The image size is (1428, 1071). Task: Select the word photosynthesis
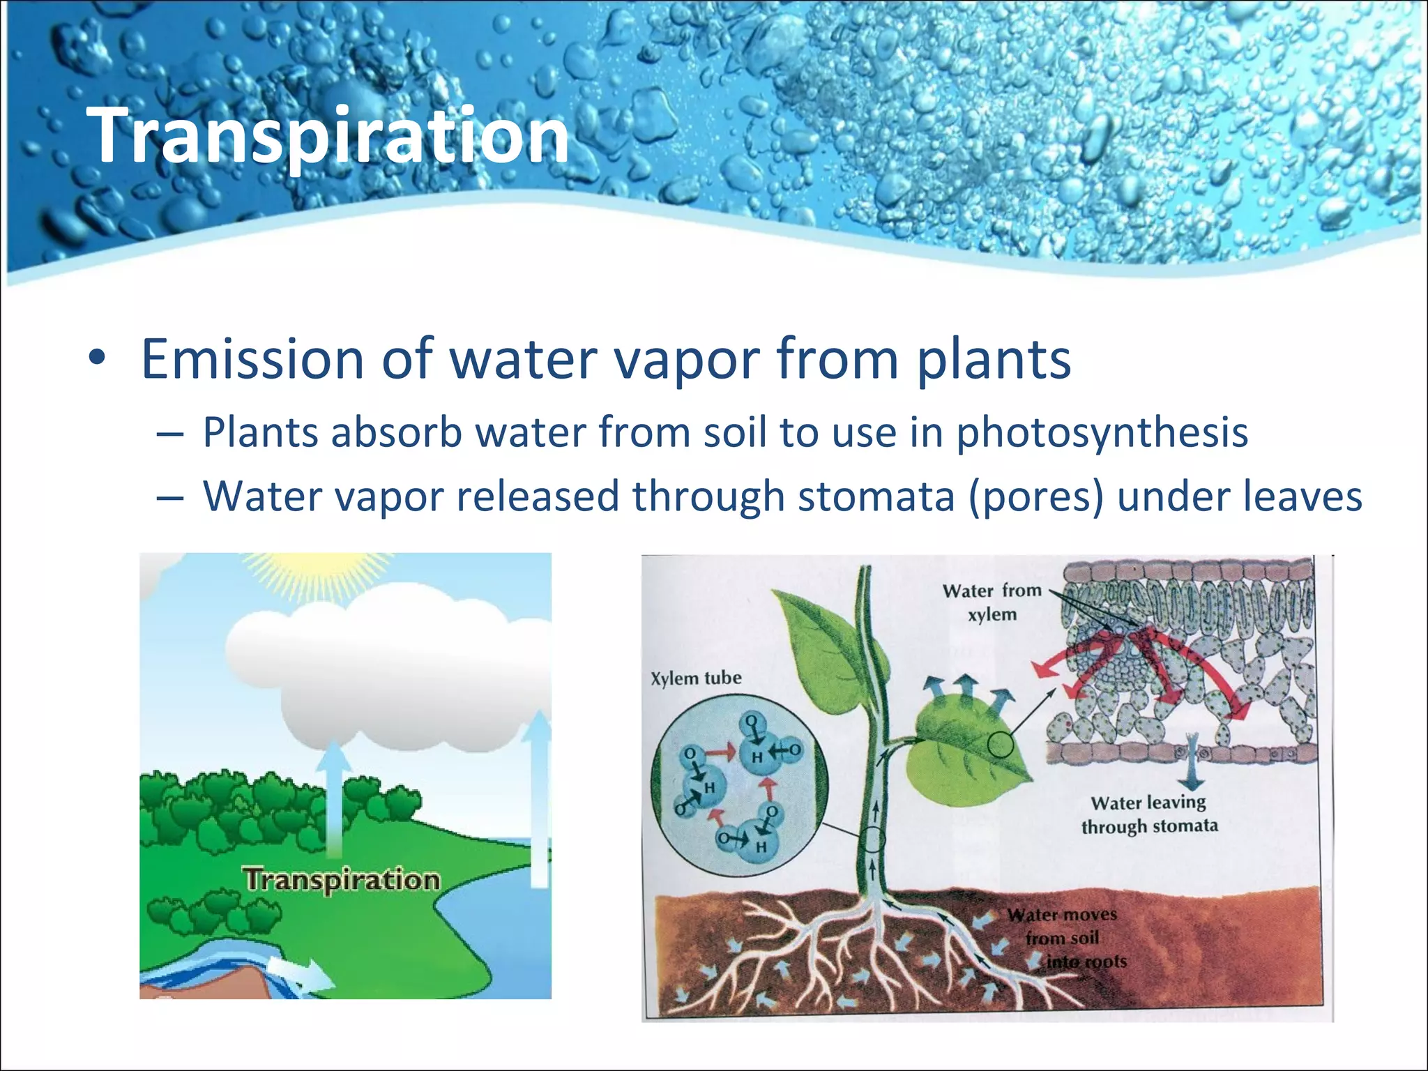point(1102,433)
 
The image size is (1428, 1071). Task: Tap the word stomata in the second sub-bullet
point(876,496)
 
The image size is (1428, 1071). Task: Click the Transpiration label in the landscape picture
point(342,879)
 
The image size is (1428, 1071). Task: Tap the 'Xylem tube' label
point(695,678)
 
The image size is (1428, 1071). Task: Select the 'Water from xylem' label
point(992,602)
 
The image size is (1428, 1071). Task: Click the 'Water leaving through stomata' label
point(1149,814)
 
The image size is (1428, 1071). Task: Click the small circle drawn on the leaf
point(1001,745)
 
